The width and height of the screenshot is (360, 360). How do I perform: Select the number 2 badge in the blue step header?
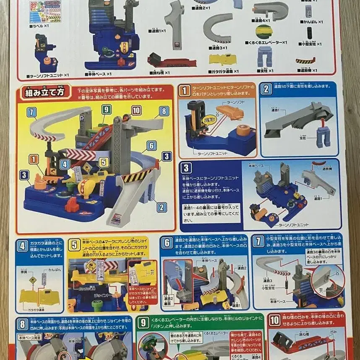click(266, 89)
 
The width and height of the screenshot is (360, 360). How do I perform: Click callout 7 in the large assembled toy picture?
click(32, 112)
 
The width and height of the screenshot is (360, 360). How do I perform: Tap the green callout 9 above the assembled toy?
click(107, 110)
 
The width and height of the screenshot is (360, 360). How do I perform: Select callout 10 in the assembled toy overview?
click(136, 111)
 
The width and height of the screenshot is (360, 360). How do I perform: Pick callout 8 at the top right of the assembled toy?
click(164, 112)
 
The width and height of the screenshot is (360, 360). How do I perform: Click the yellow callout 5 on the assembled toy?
click(102, 162)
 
